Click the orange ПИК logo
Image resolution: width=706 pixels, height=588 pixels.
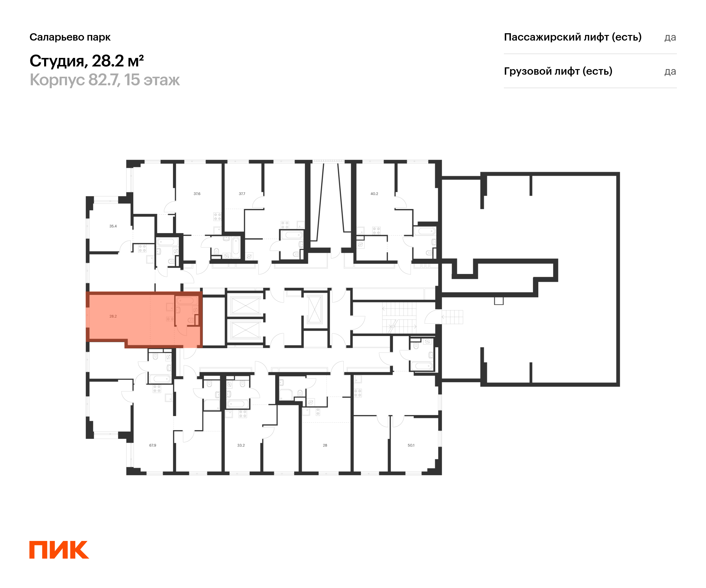59,550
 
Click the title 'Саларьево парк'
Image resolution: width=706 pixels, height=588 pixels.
70,37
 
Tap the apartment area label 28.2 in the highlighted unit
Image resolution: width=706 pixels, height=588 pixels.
113,316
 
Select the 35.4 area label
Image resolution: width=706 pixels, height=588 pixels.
113,226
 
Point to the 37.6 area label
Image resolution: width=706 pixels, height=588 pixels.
197,193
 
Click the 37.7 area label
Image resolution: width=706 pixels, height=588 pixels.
242,193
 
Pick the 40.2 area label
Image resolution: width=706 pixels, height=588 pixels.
374,193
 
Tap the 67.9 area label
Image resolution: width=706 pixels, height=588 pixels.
153,445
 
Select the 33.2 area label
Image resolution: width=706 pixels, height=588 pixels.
241,445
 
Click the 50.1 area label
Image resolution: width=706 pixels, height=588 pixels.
411,445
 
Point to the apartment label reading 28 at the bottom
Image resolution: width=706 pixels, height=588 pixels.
325,445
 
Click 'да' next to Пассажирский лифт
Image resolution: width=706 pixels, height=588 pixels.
670,37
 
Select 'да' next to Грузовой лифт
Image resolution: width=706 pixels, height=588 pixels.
670,71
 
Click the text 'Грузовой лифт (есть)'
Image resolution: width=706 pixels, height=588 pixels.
558,71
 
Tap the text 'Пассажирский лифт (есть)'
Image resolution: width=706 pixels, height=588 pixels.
572,37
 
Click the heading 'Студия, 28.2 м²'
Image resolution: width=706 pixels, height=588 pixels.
87,61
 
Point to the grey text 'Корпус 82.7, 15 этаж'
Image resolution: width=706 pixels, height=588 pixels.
104,80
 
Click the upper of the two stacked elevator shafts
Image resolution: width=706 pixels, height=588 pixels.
245,305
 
